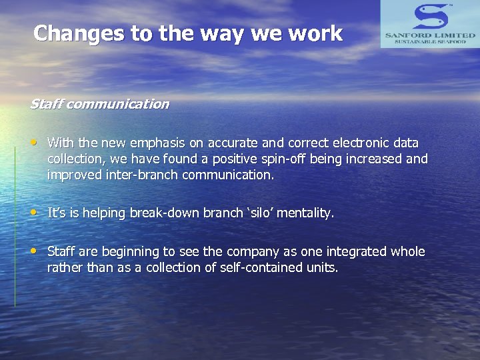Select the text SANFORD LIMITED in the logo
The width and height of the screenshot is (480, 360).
(430, 34)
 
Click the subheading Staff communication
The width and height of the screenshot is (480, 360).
(99, 104)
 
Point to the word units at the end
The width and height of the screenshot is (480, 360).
(323, 268)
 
